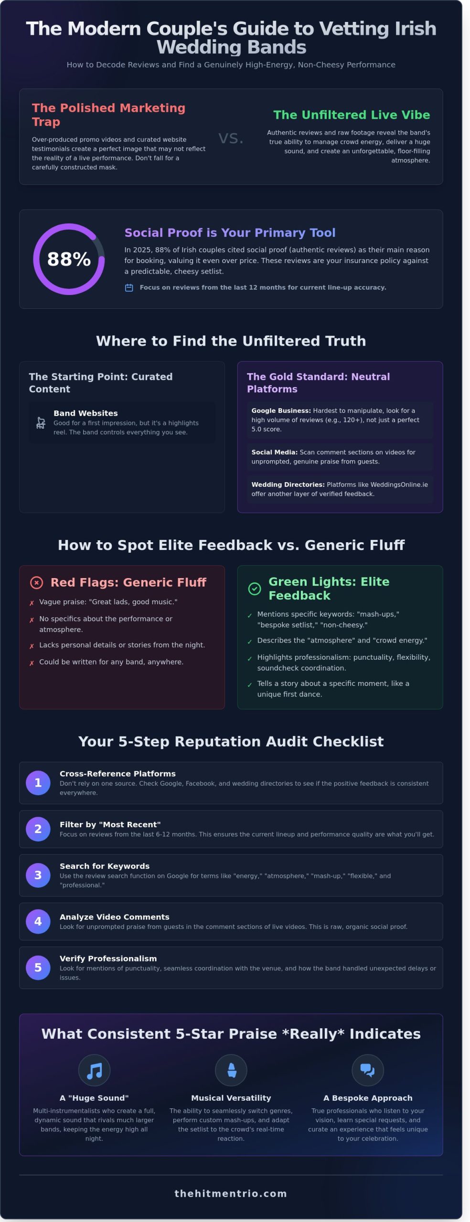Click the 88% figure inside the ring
click(69, 259)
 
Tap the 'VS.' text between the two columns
click(231, 138)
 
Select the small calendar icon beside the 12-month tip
click(129, 287)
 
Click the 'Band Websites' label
click(85, 413)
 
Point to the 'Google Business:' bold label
click(281, 411)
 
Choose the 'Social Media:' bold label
click(274, 452)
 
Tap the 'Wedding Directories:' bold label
click(288, 485)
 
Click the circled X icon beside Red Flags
click(37, 582)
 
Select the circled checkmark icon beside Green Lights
click(255, 589)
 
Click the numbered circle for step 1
click(38, 783)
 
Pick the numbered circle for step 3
click(38, 875)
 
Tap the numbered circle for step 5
click(38, 968)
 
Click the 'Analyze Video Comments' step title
click(114, 916)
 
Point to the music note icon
click(94, 1070)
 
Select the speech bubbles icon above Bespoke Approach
click(367, 1070)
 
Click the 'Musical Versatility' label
click(231, 1098)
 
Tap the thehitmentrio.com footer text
click(231, 1193)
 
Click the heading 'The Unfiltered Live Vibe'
click(352, 115)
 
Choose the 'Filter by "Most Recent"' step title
click(110, 824)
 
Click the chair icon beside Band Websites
click(41, 422)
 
